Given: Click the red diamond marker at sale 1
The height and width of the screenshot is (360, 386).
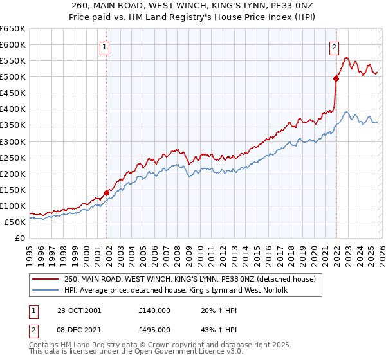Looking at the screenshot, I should coord(106,192).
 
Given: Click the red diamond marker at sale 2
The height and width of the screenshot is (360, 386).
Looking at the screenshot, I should coord(336,78).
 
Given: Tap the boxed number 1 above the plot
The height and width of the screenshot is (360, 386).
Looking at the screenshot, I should coord(104,46).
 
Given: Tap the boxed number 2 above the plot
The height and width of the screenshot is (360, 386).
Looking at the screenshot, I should coord(335,46).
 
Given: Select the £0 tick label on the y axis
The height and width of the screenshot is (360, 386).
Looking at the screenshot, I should coord(21,238).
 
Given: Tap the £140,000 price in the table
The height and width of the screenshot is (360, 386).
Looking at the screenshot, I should coord(154,310).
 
